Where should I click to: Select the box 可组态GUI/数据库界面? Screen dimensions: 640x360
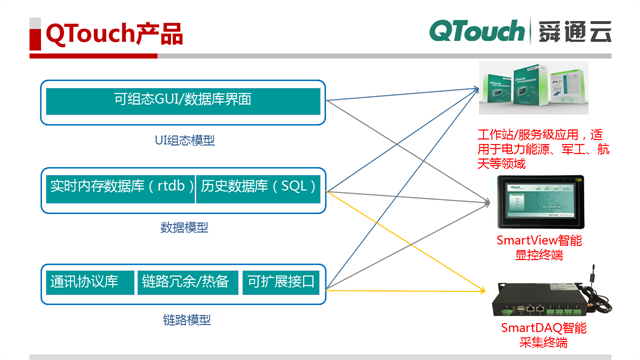pos(182,100)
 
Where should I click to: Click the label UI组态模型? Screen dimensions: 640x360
pos(185,141)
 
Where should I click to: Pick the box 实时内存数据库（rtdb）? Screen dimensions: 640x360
pos(120,186)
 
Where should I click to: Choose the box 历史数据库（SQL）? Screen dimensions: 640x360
pos(258,186)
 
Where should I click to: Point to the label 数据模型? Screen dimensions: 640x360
pos(185,227)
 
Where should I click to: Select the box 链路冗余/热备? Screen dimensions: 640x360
pos(186,282)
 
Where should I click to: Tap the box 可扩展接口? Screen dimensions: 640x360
pos(281,282)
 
